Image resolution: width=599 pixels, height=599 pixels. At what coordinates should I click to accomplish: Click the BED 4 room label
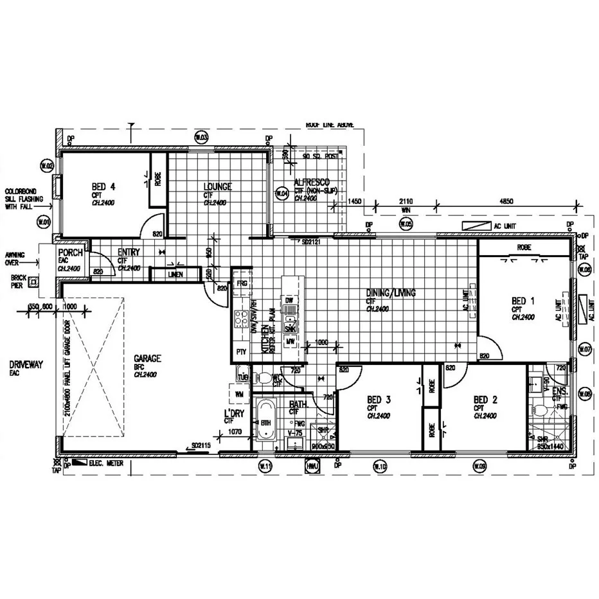point(103,187)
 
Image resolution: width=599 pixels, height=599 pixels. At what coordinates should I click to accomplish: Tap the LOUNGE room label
point(217,187)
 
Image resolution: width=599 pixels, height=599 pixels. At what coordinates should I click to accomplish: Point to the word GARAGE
point(147,359)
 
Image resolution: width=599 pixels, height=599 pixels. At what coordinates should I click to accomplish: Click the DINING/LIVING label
point(391,293)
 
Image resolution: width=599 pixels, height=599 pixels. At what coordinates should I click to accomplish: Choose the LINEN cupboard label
point(175,275)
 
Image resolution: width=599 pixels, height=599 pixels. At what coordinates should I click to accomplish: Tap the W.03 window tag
point(201,138)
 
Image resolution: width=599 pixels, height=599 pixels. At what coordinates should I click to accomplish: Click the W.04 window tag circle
point(280,193)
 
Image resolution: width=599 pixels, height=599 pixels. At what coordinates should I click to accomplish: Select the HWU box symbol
point(312,465)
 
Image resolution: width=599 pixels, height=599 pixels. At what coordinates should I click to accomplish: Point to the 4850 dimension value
point(506,201)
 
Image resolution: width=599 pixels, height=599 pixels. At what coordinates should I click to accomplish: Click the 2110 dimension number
point(406,201)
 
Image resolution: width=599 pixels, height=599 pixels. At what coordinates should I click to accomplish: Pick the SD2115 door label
point(201,445)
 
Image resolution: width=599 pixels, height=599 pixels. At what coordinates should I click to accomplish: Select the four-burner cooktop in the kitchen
point(242,318)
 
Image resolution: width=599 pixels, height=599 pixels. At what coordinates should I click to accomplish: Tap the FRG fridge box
point(242,283)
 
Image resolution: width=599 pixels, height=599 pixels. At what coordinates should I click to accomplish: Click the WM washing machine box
point(238,393)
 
